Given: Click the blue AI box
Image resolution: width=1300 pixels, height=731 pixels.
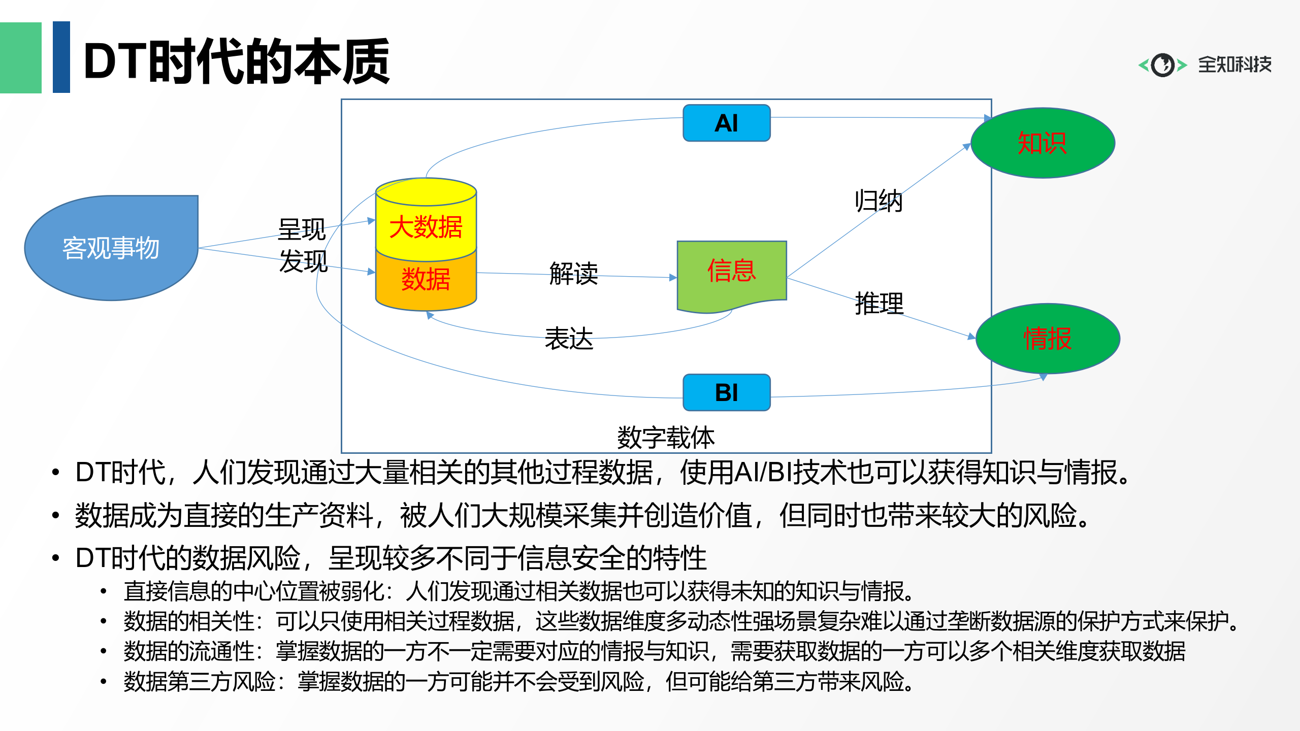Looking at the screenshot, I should [726, 123].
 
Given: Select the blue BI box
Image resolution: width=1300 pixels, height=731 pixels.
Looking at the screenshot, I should [726, 392].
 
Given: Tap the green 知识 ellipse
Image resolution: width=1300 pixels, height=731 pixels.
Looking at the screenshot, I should [1043, 143].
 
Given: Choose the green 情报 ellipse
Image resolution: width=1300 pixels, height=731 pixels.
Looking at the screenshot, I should [1048, 339].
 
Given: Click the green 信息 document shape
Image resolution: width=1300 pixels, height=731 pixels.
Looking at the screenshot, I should [731, 272].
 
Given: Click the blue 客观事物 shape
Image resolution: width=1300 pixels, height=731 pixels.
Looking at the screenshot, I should [111, 248].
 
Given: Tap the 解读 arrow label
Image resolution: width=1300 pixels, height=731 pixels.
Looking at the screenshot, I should [573, 274].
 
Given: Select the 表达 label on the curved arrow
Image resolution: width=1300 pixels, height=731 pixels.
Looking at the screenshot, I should [569, 339].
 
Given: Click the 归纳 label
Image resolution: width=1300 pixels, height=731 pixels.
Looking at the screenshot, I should [879, 201].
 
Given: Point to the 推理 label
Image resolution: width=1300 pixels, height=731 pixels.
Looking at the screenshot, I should [880, 304].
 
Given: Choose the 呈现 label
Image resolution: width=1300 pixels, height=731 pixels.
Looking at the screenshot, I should [302, 229].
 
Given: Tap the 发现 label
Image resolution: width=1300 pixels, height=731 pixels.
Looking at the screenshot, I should [303, 261].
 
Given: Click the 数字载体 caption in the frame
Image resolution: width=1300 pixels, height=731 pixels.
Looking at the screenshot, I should [666, 438].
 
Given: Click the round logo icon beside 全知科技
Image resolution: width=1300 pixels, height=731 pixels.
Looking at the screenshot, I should [1162, 65].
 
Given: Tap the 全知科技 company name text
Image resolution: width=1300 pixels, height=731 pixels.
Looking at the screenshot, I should [1234, 65].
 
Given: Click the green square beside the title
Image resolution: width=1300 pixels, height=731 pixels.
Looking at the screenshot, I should [20, 57].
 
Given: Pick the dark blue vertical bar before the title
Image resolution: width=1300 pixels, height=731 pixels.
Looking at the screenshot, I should [61, 57].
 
